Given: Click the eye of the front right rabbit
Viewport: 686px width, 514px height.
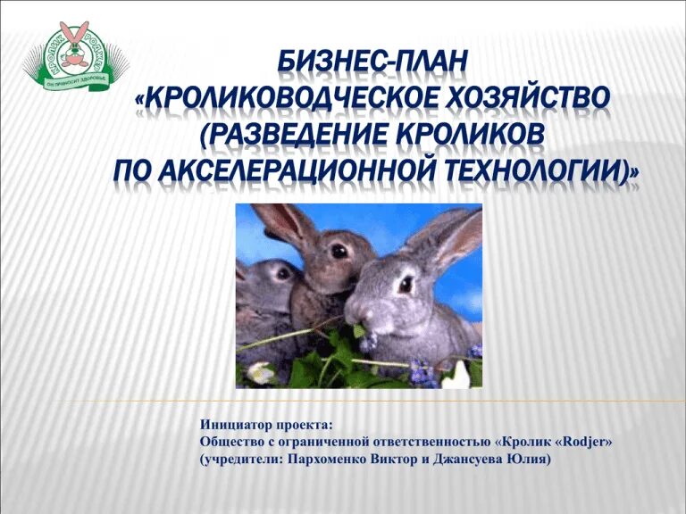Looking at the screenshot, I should click(x=406, y=285).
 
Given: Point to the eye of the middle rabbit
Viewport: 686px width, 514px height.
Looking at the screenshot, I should click(x=339, y=252).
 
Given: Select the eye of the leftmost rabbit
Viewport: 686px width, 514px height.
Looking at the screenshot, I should click(x=282, y=273).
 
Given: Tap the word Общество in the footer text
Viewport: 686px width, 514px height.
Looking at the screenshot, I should click(x=230, y=443).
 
